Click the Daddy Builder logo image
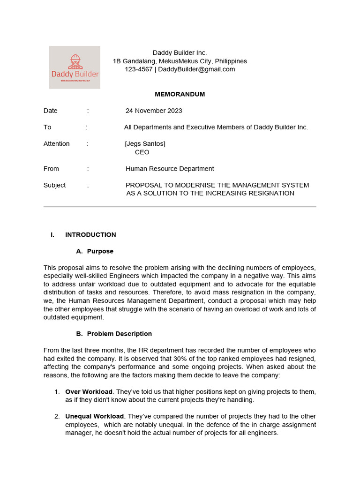[75, 67]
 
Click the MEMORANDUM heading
[180, 94]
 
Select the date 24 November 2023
[154, 111]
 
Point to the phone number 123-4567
[138, 69]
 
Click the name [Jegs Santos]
[145, 143]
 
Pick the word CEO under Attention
[142, 152]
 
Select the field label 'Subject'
[54, 185]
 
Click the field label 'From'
[51, 169]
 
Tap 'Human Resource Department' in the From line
[170, 169]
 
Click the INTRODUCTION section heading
[90, 235]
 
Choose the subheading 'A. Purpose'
[95, 251]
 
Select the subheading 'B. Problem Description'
[114, 334]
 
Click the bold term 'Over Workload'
[89, 391]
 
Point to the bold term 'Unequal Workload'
[94, 416]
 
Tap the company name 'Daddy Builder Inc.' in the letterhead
[180, 52]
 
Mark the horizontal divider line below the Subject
[180, 206]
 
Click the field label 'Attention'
[56, 143]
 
